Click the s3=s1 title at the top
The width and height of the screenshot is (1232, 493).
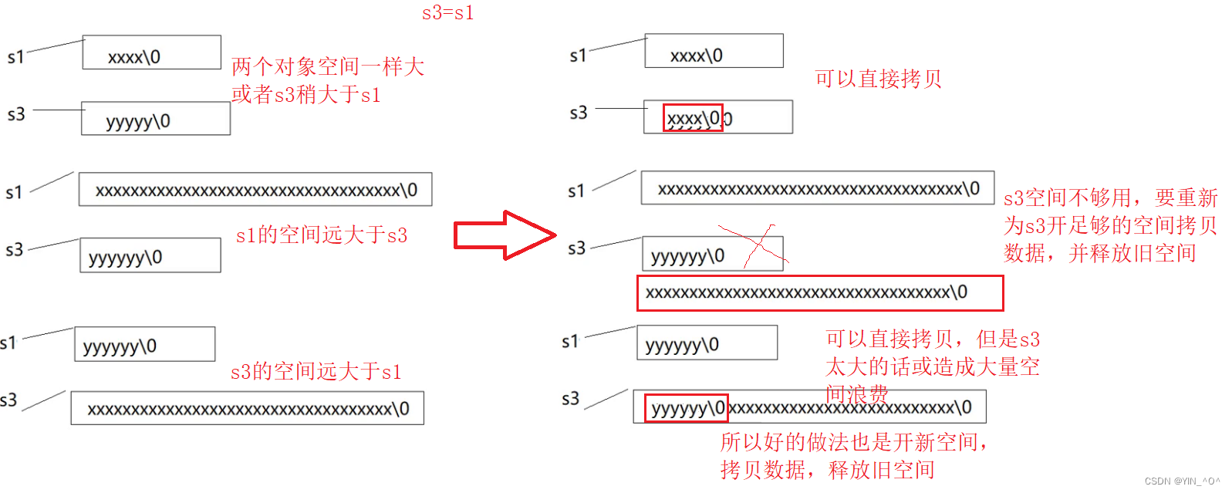(x=447, y=13)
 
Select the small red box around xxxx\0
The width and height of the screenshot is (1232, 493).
(x=693, y=118)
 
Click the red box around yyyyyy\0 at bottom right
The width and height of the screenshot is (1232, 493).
(x=686, y=407)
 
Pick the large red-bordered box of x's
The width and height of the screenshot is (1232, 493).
(x=819, y=293)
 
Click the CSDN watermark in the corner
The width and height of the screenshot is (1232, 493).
(x=1181, y=481)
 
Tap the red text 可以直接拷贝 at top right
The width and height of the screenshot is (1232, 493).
(x=878, y=79)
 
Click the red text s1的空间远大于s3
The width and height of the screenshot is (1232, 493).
(x=321, y=235)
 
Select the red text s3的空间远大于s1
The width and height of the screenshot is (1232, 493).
(x=316, y=372)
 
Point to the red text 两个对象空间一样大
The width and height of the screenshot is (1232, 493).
(x=328, y=67)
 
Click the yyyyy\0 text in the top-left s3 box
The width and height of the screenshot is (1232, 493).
(x=138, y=121)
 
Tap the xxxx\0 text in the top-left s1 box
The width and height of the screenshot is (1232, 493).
(x=134, y=57)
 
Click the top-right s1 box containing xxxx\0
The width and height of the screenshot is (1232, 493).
(x=714, y=52)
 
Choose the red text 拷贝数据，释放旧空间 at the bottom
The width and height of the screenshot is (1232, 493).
(x=827, y=469)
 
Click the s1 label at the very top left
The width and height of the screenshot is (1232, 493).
(x=15, y=57)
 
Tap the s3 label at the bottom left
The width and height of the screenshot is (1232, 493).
(x=8, y=400)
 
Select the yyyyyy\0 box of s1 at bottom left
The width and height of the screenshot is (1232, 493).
(x=144, y=344)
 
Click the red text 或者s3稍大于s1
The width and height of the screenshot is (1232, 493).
(x=305, y=95)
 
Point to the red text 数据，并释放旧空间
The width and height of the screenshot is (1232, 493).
(x=1099, y=253)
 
